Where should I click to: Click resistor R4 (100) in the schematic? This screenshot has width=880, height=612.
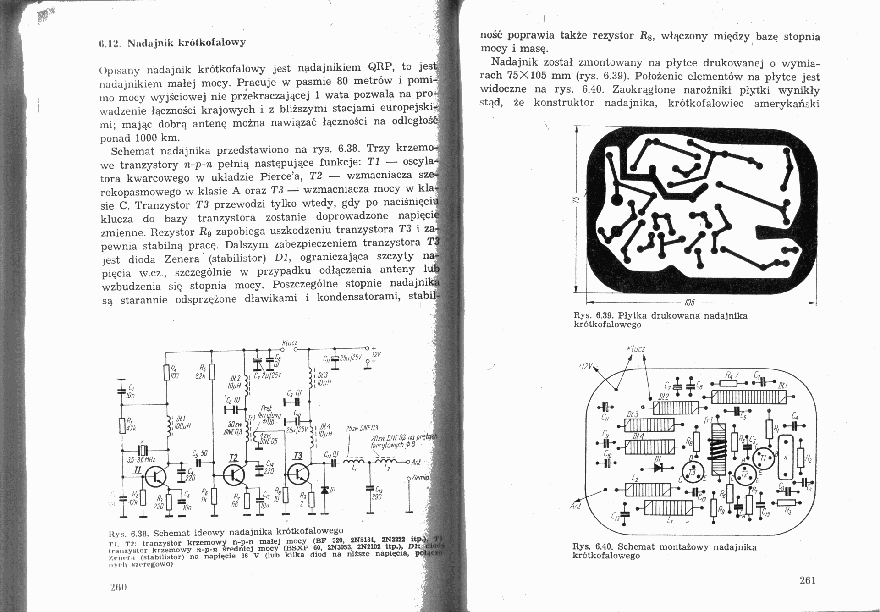[x=166, y=372]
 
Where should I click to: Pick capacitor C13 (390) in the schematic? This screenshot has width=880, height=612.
[x=369, y=490]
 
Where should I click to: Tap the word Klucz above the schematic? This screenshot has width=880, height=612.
[x=290, y=343]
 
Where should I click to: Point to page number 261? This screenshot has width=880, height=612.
[x=808, y=580]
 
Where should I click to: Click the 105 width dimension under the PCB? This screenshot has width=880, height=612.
[x=690, y=303]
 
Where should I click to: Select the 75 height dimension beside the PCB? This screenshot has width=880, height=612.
[x=577, y=200]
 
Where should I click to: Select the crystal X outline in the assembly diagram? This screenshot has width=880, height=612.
[x=786, y=458]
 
